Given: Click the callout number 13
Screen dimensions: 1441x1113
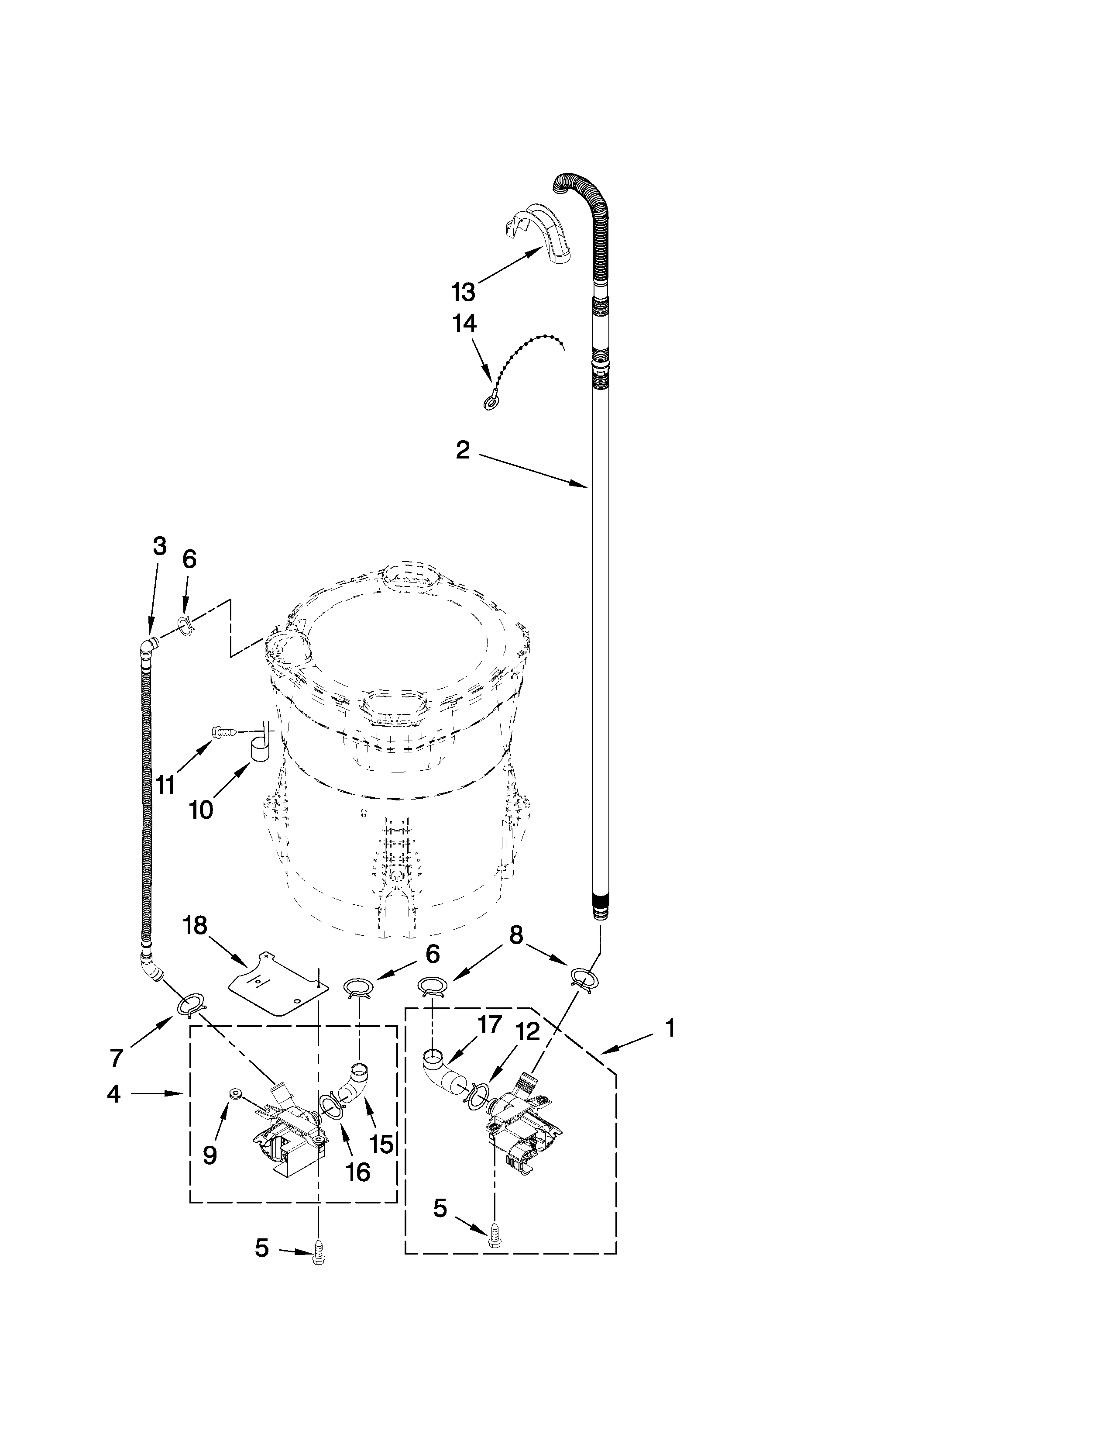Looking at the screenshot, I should coord(464,291).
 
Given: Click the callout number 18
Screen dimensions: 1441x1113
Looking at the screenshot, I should coord(195,926).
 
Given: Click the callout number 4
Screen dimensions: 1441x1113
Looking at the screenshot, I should coord(113,1094).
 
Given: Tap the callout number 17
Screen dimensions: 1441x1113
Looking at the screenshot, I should coord(489,1025).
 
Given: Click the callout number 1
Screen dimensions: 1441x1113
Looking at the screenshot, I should coord(670,1028).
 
